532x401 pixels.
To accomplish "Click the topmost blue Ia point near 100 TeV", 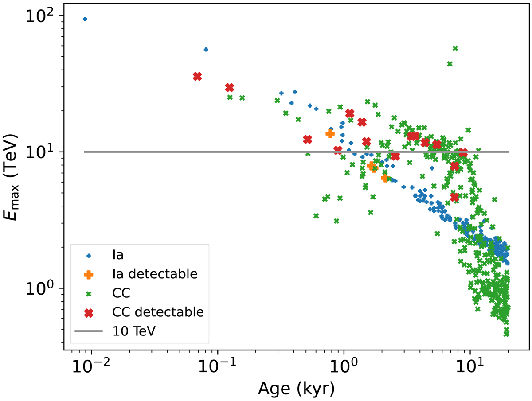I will (85, 19).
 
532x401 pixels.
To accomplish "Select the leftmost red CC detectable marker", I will (197, 77).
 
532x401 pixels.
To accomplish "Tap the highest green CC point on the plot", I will (455, 48).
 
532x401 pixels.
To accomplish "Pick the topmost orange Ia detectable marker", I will (330, 133).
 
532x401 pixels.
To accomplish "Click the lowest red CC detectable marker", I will (454, 197).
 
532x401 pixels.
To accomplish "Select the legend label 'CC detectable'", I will (157, 312).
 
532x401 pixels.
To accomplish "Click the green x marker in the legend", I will (89, 293).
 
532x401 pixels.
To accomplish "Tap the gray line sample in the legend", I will (89, 331).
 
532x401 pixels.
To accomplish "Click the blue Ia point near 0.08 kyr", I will (206, 50).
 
